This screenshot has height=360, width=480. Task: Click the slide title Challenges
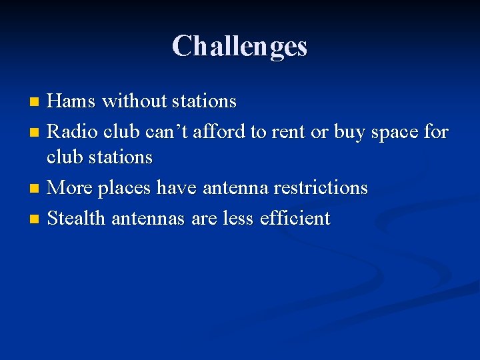[x=239, y=47]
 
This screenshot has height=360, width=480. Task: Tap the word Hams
[x=71, y=101]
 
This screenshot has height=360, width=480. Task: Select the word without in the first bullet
[x=133, y=101]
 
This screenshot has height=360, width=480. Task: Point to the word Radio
[x=73, y=132]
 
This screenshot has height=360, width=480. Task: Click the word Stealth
[x=77, y=218]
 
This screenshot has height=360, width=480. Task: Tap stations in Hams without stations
[x=204, y=101]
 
